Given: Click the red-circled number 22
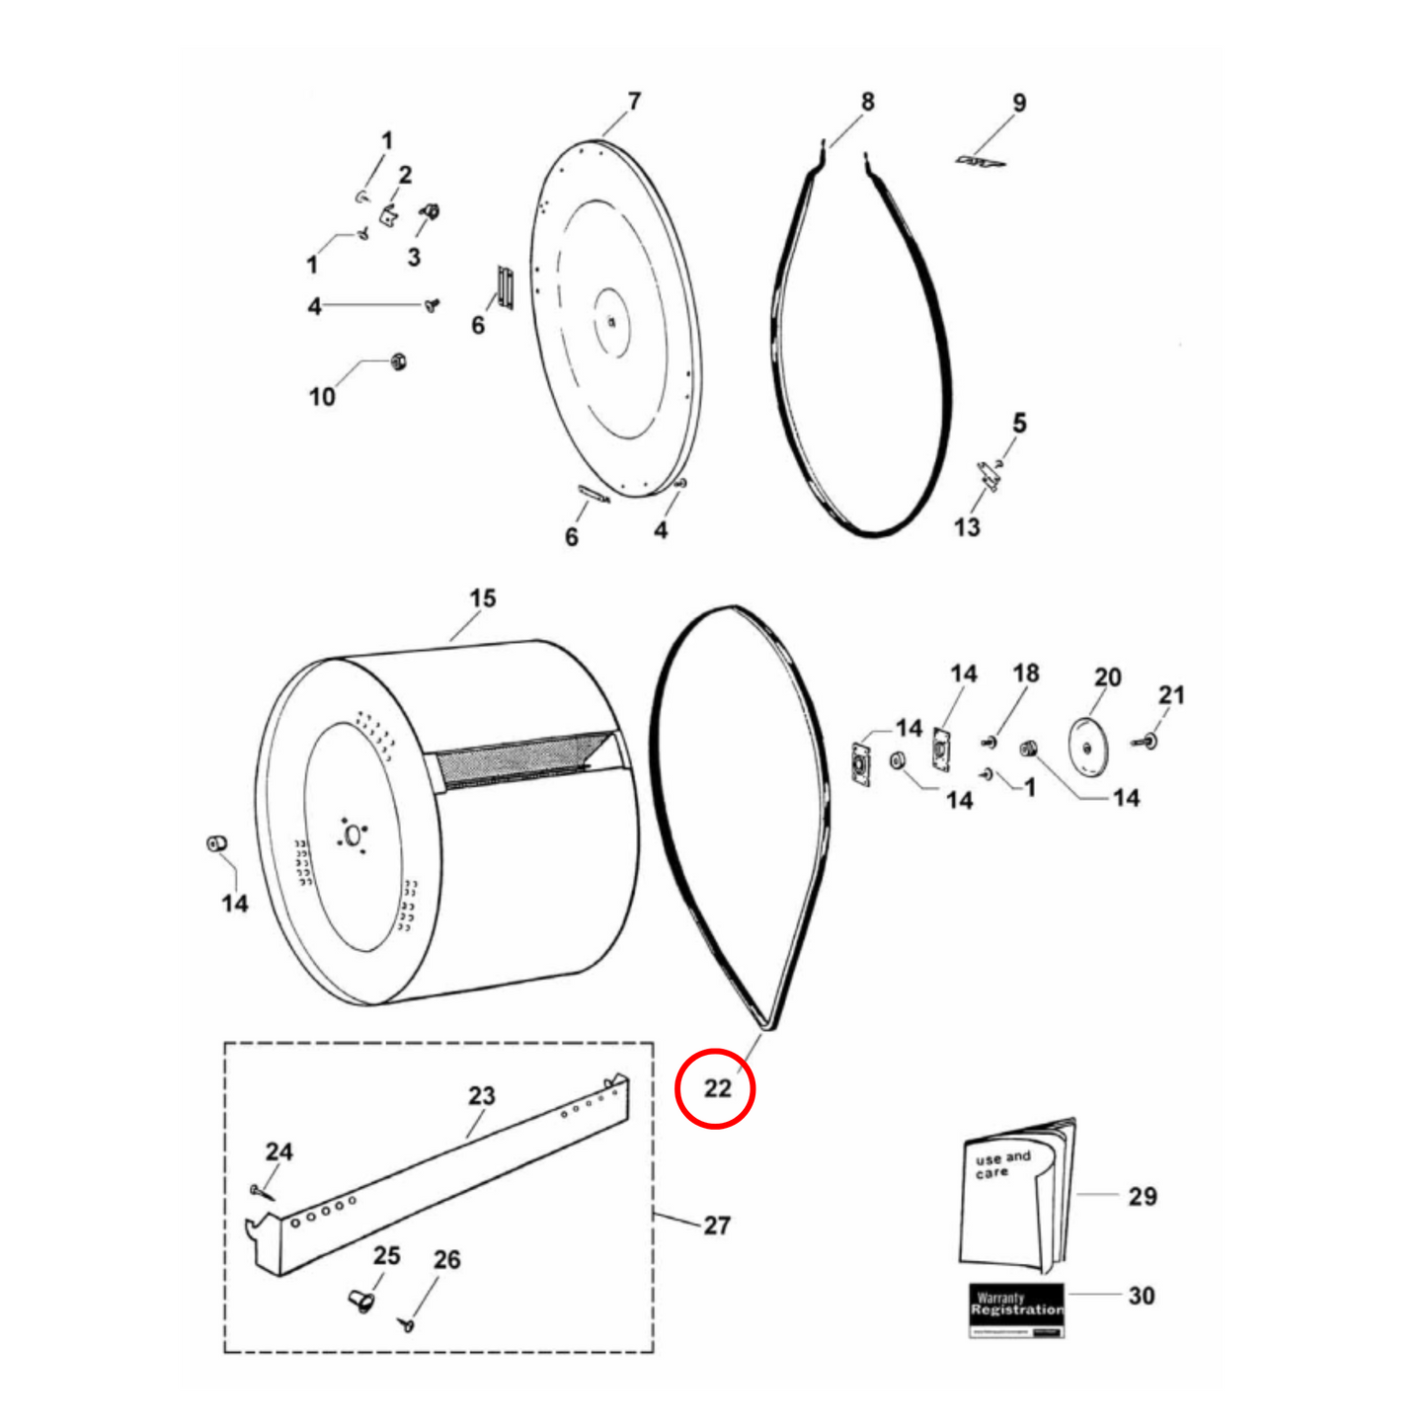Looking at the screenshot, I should click(x=717, y=1088).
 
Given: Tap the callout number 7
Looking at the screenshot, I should click(x=634, y=102).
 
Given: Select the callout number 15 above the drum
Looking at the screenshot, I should click(x=482, y=598).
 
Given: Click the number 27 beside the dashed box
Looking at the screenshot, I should click(x=717, y=1226).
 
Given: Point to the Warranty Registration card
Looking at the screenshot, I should click(x=1016, y=1309).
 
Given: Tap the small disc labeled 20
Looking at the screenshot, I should click(x=1088, y=747).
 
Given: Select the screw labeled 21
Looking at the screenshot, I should click(x=1150, y=740).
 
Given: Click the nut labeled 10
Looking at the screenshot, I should click(x=399, y=361).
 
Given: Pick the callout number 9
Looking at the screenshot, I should click(x=1019, y=103).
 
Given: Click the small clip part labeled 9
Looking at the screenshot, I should click(x=980, y=160).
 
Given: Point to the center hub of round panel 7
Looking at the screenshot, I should click(x=612, y=321).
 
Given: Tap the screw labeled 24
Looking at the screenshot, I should click(x=259, y=1191).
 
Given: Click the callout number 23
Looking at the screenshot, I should click(x=481, y=1096).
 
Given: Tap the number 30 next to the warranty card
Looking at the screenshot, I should click(x=1142, y=1296).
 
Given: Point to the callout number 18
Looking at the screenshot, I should click(x=1025, y=674).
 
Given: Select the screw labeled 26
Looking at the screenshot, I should click(x=407, y=1323).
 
